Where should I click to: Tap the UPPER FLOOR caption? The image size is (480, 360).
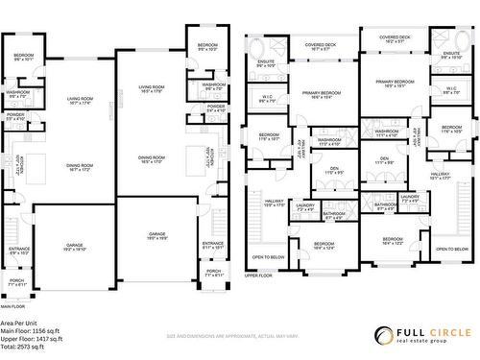tap(258, 275)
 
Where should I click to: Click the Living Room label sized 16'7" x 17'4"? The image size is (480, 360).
tap(79, 101)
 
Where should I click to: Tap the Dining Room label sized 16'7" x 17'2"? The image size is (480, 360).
tap(79, 168)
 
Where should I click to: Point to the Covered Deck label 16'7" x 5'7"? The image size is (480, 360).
tap(321, 46)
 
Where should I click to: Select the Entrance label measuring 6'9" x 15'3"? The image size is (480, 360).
tap(19, 252)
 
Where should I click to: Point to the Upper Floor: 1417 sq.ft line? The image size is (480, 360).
tap(33, 339)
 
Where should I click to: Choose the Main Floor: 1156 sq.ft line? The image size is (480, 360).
tap(32, 331)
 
